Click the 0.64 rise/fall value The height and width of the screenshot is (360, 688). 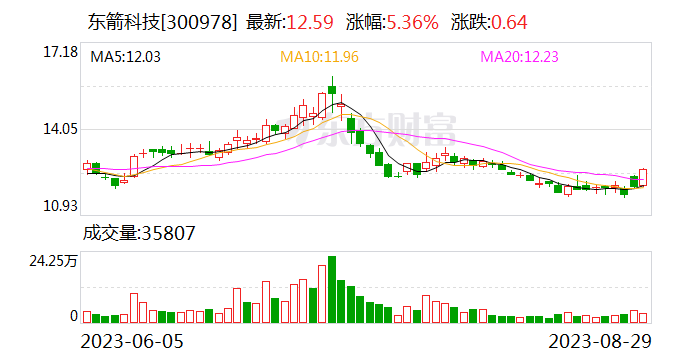click(x=507, y=22)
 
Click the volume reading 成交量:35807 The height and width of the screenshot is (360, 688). click(x=138, y=234)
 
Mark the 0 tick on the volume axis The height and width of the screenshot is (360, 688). click(x=73, y=316)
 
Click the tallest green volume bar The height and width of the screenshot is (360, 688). click(x=331, y=289)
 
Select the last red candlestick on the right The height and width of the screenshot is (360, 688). click(x=642, y=177)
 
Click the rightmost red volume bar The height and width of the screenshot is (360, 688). click(x=642, y=317)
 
